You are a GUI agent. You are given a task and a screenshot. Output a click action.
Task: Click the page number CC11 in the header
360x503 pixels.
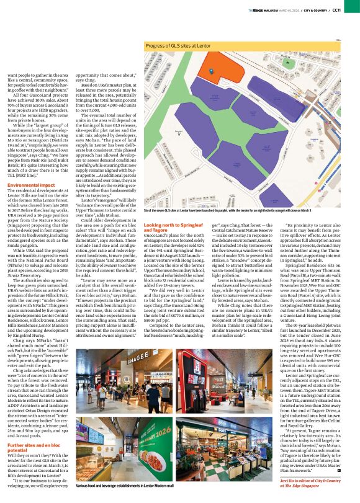[x=352, y=10]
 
